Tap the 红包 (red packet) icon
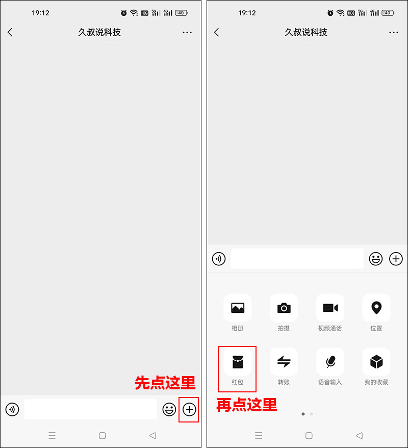click(x=237, y=362)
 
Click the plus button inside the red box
click(x=189, y=409)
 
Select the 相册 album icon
click(x=237, y=308)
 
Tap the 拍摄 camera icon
click(x=284, y=308)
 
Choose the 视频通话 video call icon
click(x=330, y=308)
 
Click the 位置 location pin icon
click(x=376, y=308)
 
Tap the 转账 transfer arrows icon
click(x=284, y=362)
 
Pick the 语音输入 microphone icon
click(x=330, y=362)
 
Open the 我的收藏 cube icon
click(x=376, y=362)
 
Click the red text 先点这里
click(x=165, y=383)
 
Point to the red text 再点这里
click(x=247, y=405)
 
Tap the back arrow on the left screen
click(x=10, y=32)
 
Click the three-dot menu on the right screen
click(x=393, y=32)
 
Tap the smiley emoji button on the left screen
click(x=169, y=409)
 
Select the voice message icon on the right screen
click(x=219, y=259)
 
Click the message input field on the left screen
click(x=90, y=409)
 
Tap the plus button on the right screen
click(x=396, y=259)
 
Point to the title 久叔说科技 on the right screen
click(x=306, y=32)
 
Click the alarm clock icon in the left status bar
click(x=124, y=13)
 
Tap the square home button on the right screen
click(x=309, y=436)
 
